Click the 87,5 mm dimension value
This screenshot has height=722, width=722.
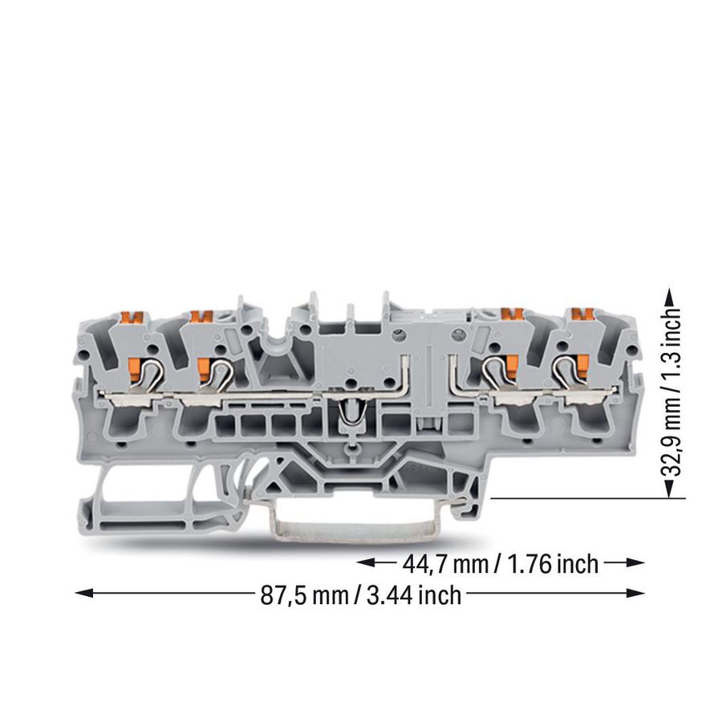pos(304,595)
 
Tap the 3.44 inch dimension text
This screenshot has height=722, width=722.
pos(414,595)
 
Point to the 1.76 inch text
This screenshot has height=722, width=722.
pos(553,564)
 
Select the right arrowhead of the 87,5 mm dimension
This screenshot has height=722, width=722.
pos(635,594)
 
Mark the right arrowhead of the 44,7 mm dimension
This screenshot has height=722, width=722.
pos(635,562)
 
